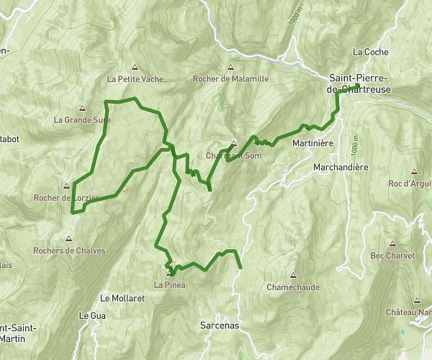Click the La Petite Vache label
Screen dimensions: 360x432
tap(135, 79)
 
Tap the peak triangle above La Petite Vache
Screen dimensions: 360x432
tap(135, 67)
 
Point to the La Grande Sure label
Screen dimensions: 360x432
tap(82, 120)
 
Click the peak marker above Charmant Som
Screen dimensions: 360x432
tap(233, 143)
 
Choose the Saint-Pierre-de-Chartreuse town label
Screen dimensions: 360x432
tap(359, 83)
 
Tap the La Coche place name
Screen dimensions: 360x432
tap(371, 52)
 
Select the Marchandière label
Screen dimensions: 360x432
tap(341, 167)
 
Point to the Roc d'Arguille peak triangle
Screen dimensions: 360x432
tap(414, 172)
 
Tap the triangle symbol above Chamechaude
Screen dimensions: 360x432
tap(293, 274)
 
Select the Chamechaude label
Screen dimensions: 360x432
tap(293, 287)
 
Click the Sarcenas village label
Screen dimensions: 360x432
tap(219, 325)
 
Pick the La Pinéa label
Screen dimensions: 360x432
tap(170, 286)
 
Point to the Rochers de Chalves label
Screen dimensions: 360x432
tap(69, 251)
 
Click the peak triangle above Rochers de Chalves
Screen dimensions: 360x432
tap(68, 238)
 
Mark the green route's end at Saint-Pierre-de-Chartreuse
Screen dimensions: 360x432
tap(357, 87)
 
